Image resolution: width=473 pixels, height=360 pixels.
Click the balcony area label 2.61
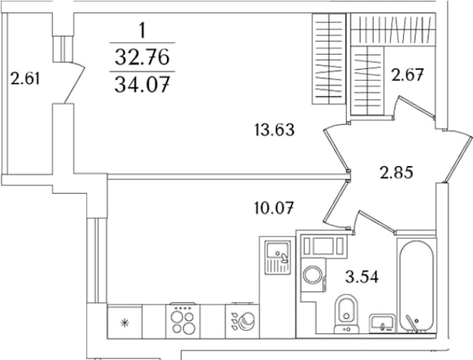tap(25, 79)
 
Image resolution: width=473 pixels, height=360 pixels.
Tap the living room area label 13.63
tap(275, 130)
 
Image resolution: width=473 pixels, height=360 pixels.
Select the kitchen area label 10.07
tap(274, 208)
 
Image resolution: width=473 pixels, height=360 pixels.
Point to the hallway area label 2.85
tap(396, 173)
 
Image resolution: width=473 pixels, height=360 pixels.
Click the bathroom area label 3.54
tap(362, 277)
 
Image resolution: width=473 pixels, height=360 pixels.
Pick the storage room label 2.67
tap(408, 75)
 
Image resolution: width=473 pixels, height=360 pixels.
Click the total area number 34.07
tap(142, 85)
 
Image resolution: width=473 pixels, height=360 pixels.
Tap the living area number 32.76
tap(142, 58)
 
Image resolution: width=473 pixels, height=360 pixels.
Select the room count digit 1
tap(142, 31)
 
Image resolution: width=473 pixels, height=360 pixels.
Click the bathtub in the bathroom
tap(417, 286)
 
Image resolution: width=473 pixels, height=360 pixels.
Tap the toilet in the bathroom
tap(346, 313)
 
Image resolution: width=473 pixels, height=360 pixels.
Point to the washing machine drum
tap(313, 275)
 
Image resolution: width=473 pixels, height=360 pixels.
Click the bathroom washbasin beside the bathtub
tap(382, 323)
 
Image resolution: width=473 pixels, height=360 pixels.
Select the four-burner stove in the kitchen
tap(182, 321)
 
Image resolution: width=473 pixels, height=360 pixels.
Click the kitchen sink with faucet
tap(278, 257)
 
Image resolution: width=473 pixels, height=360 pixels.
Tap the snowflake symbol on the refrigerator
tap(125, 323)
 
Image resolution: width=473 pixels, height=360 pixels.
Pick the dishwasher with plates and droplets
tap(242, 321)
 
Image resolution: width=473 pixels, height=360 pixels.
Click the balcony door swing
tap(75, 82)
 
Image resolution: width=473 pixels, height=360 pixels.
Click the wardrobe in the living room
tap(329, 58)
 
